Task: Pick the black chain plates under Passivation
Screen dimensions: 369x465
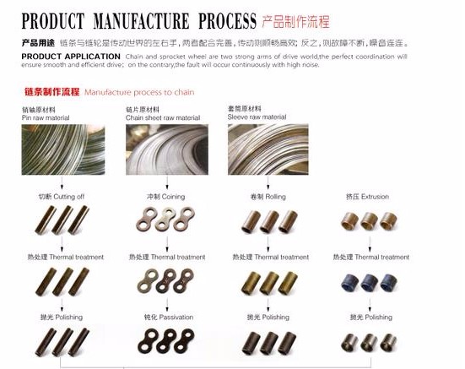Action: point(165,342)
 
